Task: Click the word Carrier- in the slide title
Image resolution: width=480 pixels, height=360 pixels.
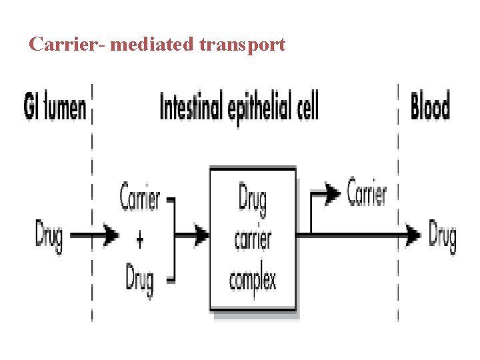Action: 66,45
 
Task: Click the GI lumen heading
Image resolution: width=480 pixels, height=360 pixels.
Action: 55,107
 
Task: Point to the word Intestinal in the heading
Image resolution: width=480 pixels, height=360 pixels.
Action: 191,106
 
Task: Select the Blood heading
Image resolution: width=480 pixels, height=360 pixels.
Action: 430,107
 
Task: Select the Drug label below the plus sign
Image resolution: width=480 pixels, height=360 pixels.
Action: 139,279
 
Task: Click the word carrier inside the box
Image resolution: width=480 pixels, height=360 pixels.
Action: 253,238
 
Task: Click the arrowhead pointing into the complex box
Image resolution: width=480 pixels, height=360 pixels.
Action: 201,234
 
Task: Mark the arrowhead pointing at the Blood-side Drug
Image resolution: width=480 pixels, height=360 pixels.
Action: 414,235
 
